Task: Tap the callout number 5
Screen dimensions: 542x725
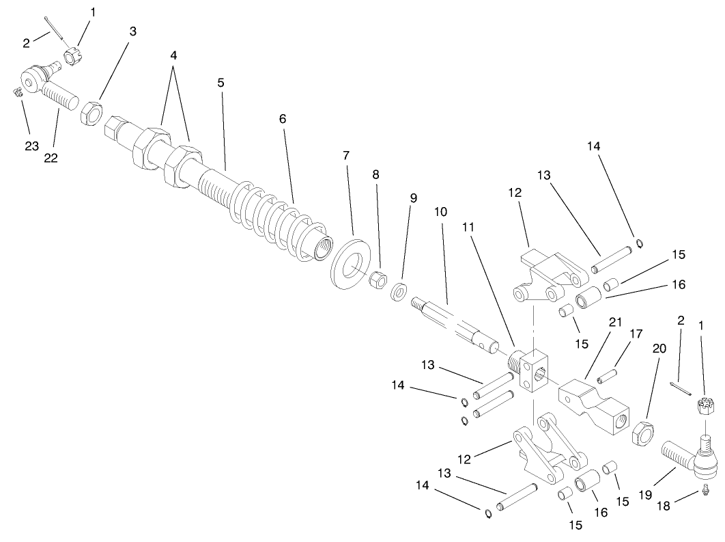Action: [x=221, y=83]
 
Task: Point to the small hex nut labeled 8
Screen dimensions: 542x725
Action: [x=378, y=280]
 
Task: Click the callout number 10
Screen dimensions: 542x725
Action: [x=440, y=212]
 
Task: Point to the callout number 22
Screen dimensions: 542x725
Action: [x=51, y=157]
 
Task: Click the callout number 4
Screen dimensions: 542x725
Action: [x=174, y=55]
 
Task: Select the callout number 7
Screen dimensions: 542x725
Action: [x=346, y=156]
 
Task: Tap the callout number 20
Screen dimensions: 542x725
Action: [x=659, y=348]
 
